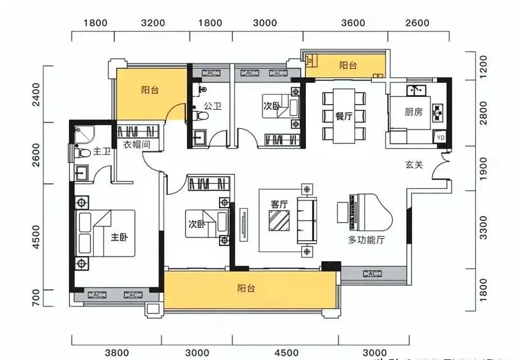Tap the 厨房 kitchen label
413,112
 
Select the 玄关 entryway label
413,165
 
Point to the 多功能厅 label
370,240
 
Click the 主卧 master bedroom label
119,237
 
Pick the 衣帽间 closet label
136,145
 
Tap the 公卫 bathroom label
213,106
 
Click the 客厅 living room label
279,205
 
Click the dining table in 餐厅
344,116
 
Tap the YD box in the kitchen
440,137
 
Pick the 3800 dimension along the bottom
117,352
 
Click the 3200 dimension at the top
153,24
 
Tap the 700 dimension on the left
36,297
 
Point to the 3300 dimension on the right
484,228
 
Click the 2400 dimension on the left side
36,94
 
